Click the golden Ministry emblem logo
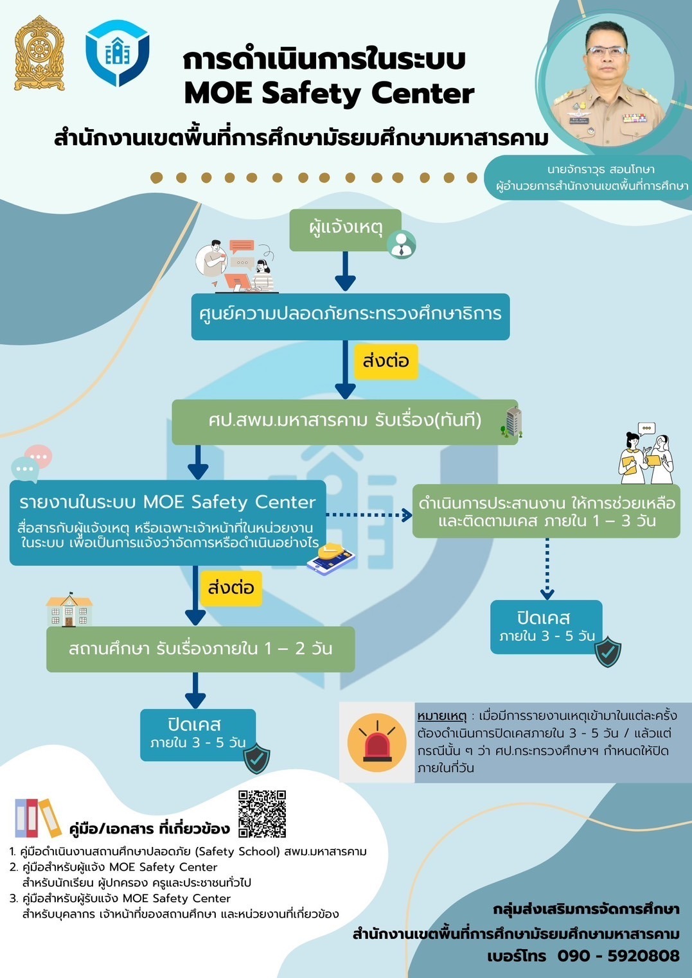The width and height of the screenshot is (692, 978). (40, 54)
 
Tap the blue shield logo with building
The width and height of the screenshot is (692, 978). (118, 53)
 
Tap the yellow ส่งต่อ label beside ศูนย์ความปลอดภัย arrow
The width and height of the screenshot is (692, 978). (386, 361)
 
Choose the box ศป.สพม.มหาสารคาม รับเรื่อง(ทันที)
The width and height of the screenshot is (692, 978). (344, 421)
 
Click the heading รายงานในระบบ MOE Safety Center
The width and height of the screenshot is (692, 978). (167, 502)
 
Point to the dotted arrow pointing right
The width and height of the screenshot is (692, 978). (369, 514)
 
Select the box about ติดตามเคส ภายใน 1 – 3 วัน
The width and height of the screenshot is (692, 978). (546, 511)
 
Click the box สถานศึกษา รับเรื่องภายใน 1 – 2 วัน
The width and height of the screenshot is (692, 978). (200, 649)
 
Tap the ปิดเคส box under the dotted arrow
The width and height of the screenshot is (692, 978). (546, 627)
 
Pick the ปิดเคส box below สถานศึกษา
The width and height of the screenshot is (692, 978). (197, 734)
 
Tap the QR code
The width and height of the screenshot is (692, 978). (262, 814)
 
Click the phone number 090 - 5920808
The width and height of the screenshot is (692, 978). (617, 956)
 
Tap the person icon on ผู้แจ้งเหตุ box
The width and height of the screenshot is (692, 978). (402, 244)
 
